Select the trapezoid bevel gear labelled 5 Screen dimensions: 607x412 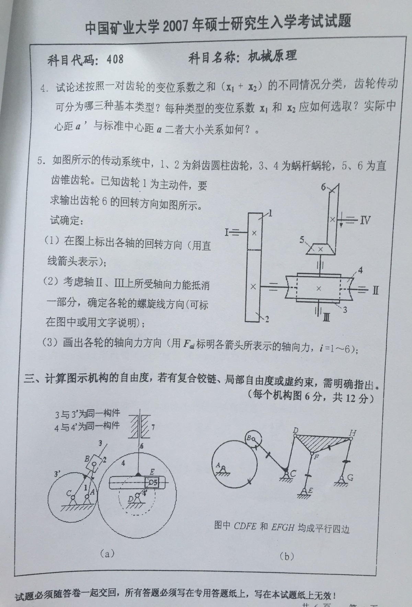point(320,249)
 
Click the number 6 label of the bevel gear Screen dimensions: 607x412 point(323,187)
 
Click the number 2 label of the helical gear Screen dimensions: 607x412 point(267,319)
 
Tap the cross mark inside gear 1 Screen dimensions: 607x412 point(254,233)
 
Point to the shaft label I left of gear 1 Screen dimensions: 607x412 point(227,233)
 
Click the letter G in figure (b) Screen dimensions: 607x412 point(350,477)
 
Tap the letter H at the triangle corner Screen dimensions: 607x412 point(352,433)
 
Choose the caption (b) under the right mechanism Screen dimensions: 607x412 point(287,556)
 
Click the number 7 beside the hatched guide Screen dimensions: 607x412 point(153,427)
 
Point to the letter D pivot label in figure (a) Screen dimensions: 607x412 point(130,498)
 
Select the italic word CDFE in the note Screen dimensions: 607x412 point(245,526)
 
